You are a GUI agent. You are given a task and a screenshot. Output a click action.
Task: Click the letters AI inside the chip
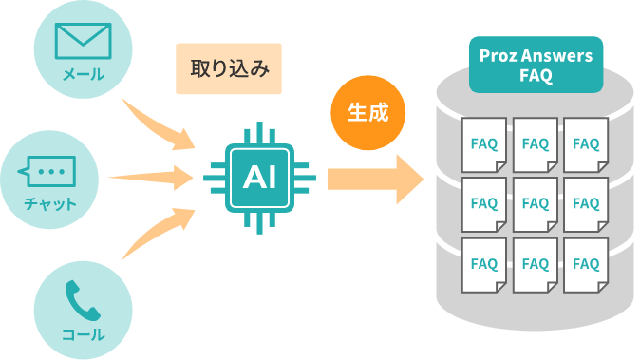click(260, 176)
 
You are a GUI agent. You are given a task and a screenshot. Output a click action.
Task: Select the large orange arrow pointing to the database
click(374, 178)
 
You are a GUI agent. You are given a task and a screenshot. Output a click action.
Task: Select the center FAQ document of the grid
click(536, 204)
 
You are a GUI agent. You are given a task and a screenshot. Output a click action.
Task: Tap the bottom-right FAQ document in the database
click(586, 263)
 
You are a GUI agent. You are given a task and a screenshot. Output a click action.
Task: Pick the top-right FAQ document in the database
click(586, 144)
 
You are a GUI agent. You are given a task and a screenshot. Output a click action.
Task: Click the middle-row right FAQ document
click(586, 204)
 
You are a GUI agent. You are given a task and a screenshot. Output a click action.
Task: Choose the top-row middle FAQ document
click(536, 144)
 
